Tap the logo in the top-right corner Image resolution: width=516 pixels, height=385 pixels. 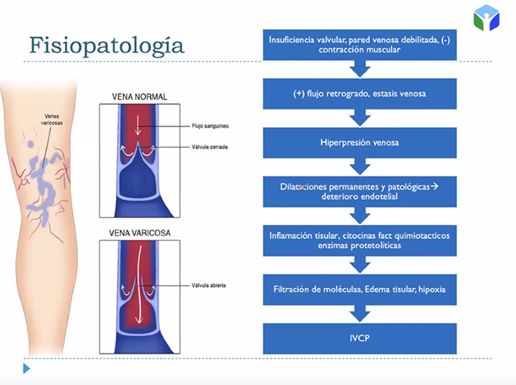click(486, 18)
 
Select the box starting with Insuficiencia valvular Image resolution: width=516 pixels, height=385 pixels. click(359, 44)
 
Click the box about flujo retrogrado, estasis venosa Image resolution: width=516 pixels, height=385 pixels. click(359, 94)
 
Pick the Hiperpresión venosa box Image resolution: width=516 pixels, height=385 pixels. click(359, 142)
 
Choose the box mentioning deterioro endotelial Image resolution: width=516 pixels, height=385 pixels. click(359, 191)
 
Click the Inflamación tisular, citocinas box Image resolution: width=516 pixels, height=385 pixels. click(359, 240)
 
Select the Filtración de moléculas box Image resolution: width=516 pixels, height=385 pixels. click(359, 289)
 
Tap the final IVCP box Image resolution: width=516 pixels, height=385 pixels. click(359, 338)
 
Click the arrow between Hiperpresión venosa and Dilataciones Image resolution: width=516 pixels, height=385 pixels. click(359, 167)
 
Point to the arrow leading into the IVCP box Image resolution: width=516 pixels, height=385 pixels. click(359, 314)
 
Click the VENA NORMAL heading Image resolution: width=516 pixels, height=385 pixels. click(138, 97)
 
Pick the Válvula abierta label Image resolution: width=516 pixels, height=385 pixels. click(208, 285)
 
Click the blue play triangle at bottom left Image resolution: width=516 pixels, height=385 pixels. click(26, 368)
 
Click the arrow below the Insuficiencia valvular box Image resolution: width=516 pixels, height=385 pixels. click(359, 69)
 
